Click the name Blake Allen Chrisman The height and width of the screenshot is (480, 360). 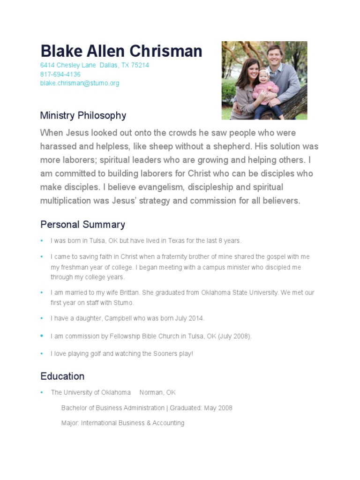(x=121, y=51)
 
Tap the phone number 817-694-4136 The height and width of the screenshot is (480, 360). (x=60, y=74)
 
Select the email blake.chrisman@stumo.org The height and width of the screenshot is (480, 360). (x=80, y=83)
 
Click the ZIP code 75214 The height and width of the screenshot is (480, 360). (x=140, y=65)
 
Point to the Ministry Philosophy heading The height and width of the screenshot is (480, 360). (x=83, y=115)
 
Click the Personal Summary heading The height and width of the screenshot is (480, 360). (x=82, y=224)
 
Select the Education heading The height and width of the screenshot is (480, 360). (x=62, y=376)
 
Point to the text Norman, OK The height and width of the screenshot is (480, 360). (x=157, y=392)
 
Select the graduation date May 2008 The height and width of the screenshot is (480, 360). (x=218, y=408)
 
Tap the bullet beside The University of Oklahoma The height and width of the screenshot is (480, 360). (x=41, y=392)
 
